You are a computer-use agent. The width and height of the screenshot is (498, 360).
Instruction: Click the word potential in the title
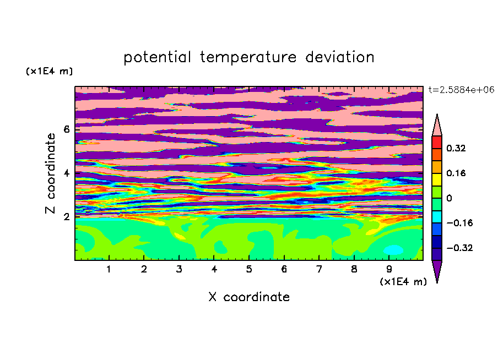tap(157, 58)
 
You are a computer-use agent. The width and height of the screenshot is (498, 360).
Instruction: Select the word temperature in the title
tap(248, 58)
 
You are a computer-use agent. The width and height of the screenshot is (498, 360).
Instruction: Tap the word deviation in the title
tap(340, 57)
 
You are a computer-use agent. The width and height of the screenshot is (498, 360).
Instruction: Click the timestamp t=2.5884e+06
tap(461, 90)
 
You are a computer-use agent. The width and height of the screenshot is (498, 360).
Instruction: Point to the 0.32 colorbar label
tap(456, 148)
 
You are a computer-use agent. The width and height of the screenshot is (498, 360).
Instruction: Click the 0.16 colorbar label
tap(456, 173)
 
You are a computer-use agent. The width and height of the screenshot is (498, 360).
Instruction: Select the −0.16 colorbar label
tap(460, 223)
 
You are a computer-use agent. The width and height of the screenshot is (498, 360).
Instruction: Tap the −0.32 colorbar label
tap(460, 248)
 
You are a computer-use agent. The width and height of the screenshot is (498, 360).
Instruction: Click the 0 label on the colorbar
tap(449, 198)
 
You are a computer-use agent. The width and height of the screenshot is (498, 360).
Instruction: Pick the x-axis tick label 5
tap(249, 269)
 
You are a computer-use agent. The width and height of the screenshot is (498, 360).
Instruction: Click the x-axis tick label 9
tap(389, 269)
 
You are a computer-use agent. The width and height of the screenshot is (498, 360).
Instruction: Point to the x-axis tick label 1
tap(109, 269)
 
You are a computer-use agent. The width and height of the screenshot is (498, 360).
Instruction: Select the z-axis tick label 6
tap(66, 129)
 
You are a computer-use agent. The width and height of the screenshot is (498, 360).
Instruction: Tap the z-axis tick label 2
tap(66, 217)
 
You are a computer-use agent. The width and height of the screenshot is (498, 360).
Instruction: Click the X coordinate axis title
tap(249, 297)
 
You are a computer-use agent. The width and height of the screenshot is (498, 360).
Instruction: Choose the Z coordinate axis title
tap(51, 173)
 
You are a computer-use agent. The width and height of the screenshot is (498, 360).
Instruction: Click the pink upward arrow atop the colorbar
tap(437, 126)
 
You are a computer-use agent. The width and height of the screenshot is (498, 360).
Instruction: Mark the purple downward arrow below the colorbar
tap(437, 270)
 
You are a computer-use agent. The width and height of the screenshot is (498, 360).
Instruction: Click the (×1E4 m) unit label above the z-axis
tap(49, 71)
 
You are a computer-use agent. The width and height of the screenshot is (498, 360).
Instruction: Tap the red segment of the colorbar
tap(437, 142)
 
